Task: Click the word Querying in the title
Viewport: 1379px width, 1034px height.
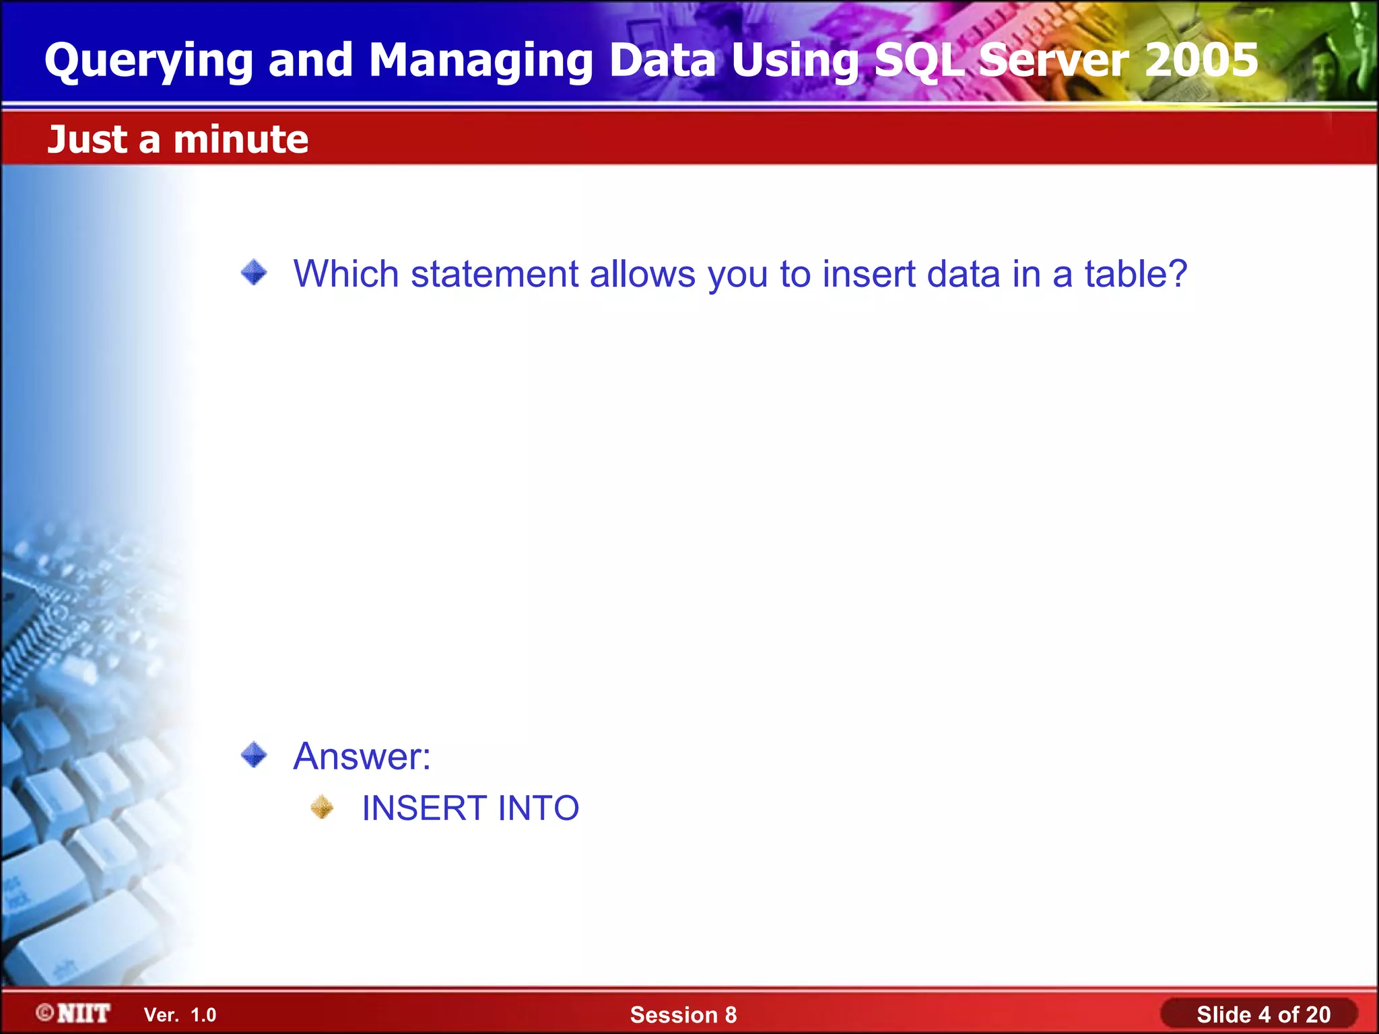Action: [x=148, y=61]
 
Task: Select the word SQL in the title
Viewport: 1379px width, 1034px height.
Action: [x=920, y=61]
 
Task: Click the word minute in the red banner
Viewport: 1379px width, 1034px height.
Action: [x=240, y=139]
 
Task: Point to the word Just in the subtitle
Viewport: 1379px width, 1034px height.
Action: [x=88, y=139]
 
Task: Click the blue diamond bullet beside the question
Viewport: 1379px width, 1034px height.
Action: [x=254, y=273]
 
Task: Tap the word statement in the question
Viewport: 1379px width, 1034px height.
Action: [x=495, y=274]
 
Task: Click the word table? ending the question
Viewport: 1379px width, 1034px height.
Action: [x=1135, y=274]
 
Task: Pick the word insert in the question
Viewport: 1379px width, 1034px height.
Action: [x=869, y=274]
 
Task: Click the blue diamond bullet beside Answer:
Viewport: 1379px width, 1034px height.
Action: [x=254, y=754]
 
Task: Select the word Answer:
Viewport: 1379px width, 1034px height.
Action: [x=362, y=756]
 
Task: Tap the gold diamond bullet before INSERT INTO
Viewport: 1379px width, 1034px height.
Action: [x=322, y=807]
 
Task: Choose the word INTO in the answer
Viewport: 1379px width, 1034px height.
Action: [x=539, y=808]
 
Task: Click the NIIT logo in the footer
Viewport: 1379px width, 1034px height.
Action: [x=73, y=1013]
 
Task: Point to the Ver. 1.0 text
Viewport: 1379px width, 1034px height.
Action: [x=180, y=1014]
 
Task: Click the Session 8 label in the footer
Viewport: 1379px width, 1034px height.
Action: [x=683, y=1014]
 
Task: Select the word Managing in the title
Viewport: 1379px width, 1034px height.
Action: [x=480, y=61]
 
